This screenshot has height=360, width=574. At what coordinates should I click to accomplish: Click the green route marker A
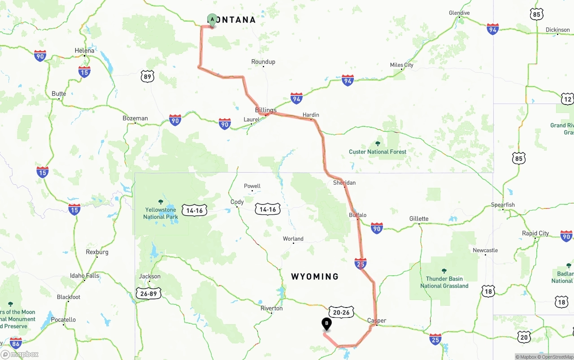(x=212, y=20)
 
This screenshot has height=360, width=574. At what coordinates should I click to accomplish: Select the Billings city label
(x=265, y=110)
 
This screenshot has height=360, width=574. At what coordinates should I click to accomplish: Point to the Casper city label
(x=376, y=321)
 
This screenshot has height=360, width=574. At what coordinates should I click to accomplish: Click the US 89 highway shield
(x=147, y=76)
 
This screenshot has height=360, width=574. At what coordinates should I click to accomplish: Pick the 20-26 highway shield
(x=341, y=312)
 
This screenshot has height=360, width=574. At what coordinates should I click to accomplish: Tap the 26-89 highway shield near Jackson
(x=148, y=293)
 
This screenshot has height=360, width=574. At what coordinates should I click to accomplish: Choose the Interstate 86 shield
(x=16, y=343)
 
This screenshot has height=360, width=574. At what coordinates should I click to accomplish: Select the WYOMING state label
(x=315, y=277)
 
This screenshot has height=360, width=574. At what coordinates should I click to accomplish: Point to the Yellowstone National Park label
(x=161, y=213)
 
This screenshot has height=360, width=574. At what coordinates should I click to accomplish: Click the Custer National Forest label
(x=378, y=152)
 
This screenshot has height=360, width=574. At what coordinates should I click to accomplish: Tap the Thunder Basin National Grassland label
(x=444, y=282)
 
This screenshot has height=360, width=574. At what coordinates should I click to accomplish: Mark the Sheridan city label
(x=344, y=182)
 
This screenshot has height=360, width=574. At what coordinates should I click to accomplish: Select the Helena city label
(x=84, y=51)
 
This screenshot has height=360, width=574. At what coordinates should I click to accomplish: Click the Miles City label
(x=401, y=65)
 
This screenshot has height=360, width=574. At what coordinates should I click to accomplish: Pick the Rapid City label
(x=535, y=233)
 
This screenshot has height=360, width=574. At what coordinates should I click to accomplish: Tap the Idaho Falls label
(x=84, y=275)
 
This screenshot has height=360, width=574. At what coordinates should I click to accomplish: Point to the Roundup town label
(x=263, y=61)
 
